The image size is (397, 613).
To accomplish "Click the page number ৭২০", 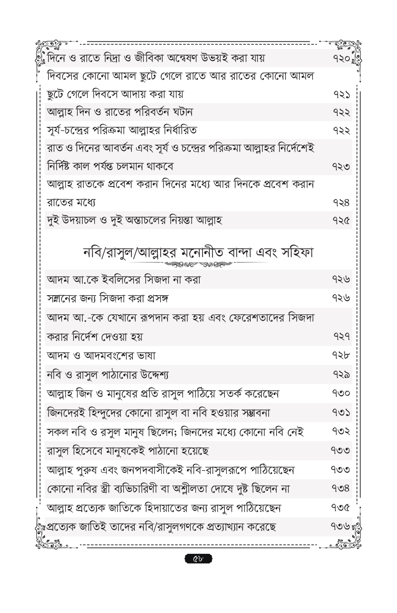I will pyautogui.click(x=341, y=59).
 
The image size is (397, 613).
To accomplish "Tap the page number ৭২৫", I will pyautogui.click(x=341, y=221).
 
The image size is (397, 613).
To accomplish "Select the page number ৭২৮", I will pyautogui.click(x=341, y=356).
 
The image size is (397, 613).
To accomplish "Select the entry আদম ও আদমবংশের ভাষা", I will pyautogui.click(x=101, y=356).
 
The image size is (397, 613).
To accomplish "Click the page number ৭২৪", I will pyautogui.click(x=341, y=202).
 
